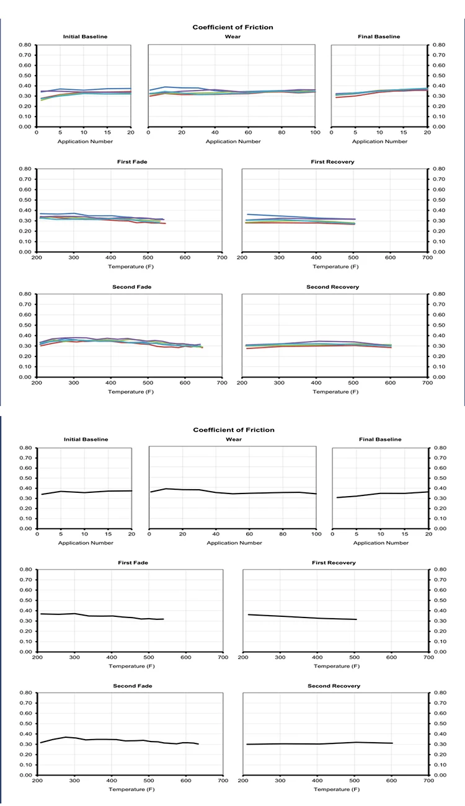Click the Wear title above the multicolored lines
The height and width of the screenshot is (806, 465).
[232, 37]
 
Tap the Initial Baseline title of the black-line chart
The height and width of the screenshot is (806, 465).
[86, 439]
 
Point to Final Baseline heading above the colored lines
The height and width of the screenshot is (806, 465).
[379, 37]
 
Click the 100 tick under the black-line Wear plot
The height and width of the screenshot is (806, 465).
[316, 534]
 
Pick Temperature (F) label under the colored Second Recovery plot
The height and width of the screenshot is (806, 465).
[334, 391]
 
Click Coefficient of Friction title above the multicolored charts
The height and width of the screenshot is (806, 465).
[232, 27]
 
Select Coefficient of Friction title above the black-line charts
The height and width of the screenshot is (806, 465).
[232, 430]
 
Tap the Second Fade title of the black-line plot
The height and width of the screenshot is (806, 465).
[132, 686]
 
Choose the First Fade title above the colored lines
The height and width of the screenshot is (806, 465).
[132, 162]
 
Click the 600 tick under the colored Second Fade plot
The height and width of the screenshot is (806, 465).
[185, 383]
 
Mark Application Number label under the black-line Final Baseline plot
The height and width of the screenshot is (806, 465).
[380, 542]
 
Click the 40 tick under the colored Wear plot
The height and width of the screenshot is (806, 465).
[215, 133]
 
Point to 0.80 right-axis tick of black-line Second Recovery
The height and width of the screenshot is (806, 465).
[438, 692]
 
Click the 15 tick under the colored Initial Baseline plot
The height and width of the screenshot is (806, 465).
[107, 133]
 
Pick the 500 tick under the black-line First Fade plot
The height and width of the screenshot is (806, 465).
[149, 658]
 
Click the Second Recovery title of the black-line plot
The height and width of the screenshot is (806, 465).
[334, 686]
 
